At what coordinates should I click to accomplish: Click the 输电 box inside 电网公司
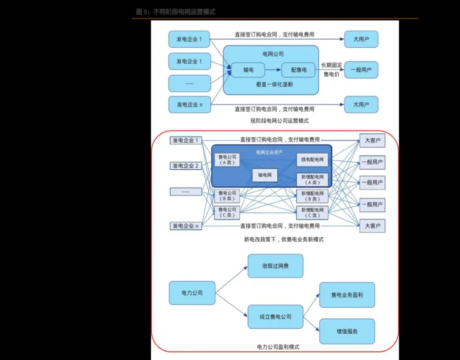(x=249, y=70)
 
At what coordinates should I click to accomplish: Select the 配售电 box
(x=298, y=70)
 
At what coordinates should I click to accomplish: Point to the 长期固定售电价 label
(x=331, y=70)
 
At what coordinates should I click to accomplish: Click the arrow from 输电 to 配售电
(x=273, y=70)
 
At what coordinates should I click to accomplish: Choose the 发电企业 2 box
(x=185, y=166)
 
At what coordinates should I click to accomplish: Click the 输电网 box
(x=264, y=174)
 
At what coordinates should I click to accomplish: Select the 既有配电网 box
(x=312, y=160)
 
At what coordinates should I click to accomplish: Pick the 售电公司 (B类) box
(x=227, y=195)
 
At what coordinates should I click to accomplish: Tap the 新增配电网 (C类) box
(x=312, y=212)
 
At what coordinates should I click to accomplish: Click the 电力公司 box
(x=192, y=293)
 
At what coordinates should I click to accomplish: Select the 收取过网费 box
(x=275, y=266)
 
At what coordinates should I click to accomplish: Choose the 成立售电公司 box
(x=275, y=317)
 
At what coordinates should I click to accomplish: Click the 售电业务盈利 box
(x=347, y=295)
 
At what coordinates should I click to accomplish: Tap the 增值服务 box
(x=347, y=331)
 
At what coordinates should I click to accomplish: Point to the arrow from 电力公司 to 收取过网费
(x=231, y=280)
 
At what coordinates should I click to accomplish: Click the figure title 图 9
(x=176, y=12)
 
